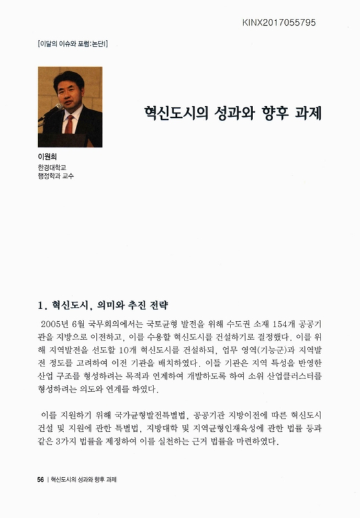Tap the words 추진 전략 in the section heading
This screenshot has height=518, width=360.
[147, 303]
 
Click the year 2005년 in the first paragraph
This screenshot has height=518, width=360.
[56, 322]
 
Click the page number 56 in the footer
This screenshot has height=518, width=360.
[40, 480]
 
